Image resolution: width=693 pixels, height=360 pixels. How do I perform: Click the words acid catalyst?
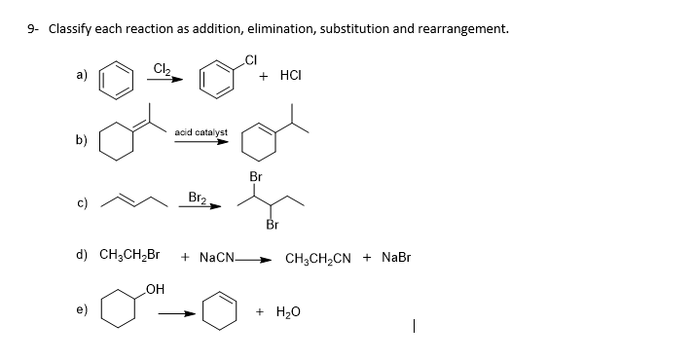(x=201, y=131)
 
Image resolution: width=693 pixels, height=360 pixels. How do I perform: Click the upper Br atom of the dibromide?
(x=255, y=177)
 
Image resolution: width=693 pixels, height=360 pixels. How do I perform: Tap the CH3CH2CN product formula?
(x=319, y=259)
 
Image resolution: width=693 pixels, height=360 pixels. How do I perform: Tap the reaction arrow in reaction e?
(x=177, y=313)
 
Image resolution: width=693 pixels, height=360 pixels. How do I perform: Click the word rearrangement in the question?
(x=457, y=28)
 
